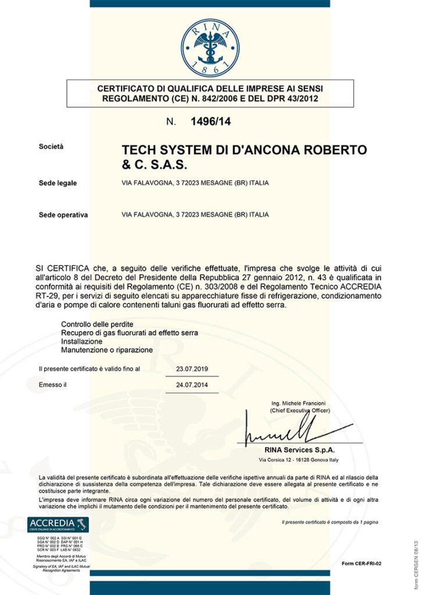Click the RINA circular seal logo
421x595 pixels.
[210, 48]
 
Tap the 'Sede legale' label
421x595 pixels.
[58, 183]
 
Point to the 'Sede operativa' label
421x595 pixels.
[63, 214]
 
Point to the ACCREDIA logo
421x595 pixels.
[58, 525]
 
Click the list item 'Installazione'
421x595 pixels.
[82, 342]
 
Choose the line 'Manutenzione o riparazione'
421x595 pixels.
[107, 350]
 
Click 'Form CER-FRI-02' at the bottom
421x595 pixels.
[362, 564]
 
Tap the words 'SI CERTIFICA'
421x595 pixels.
[62, 268]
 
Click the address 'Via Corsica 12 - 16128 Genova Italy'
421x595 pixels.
[299, 460]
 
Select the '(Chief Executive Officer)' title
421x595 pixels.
[300, 410]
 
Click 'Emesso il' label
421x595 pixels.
[53, 385]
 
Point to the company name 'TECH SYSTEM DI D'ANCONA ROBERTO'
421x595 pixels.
[244, 150]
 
